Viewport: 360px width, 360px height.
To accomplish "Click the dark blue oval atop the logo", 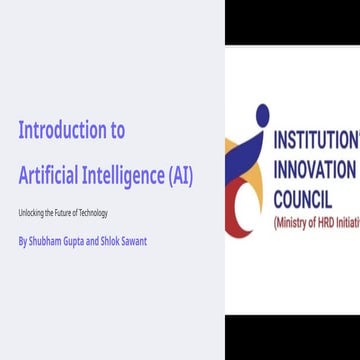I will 262,116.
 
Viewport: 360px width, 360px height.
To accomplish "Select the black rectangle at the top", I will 291,23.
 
